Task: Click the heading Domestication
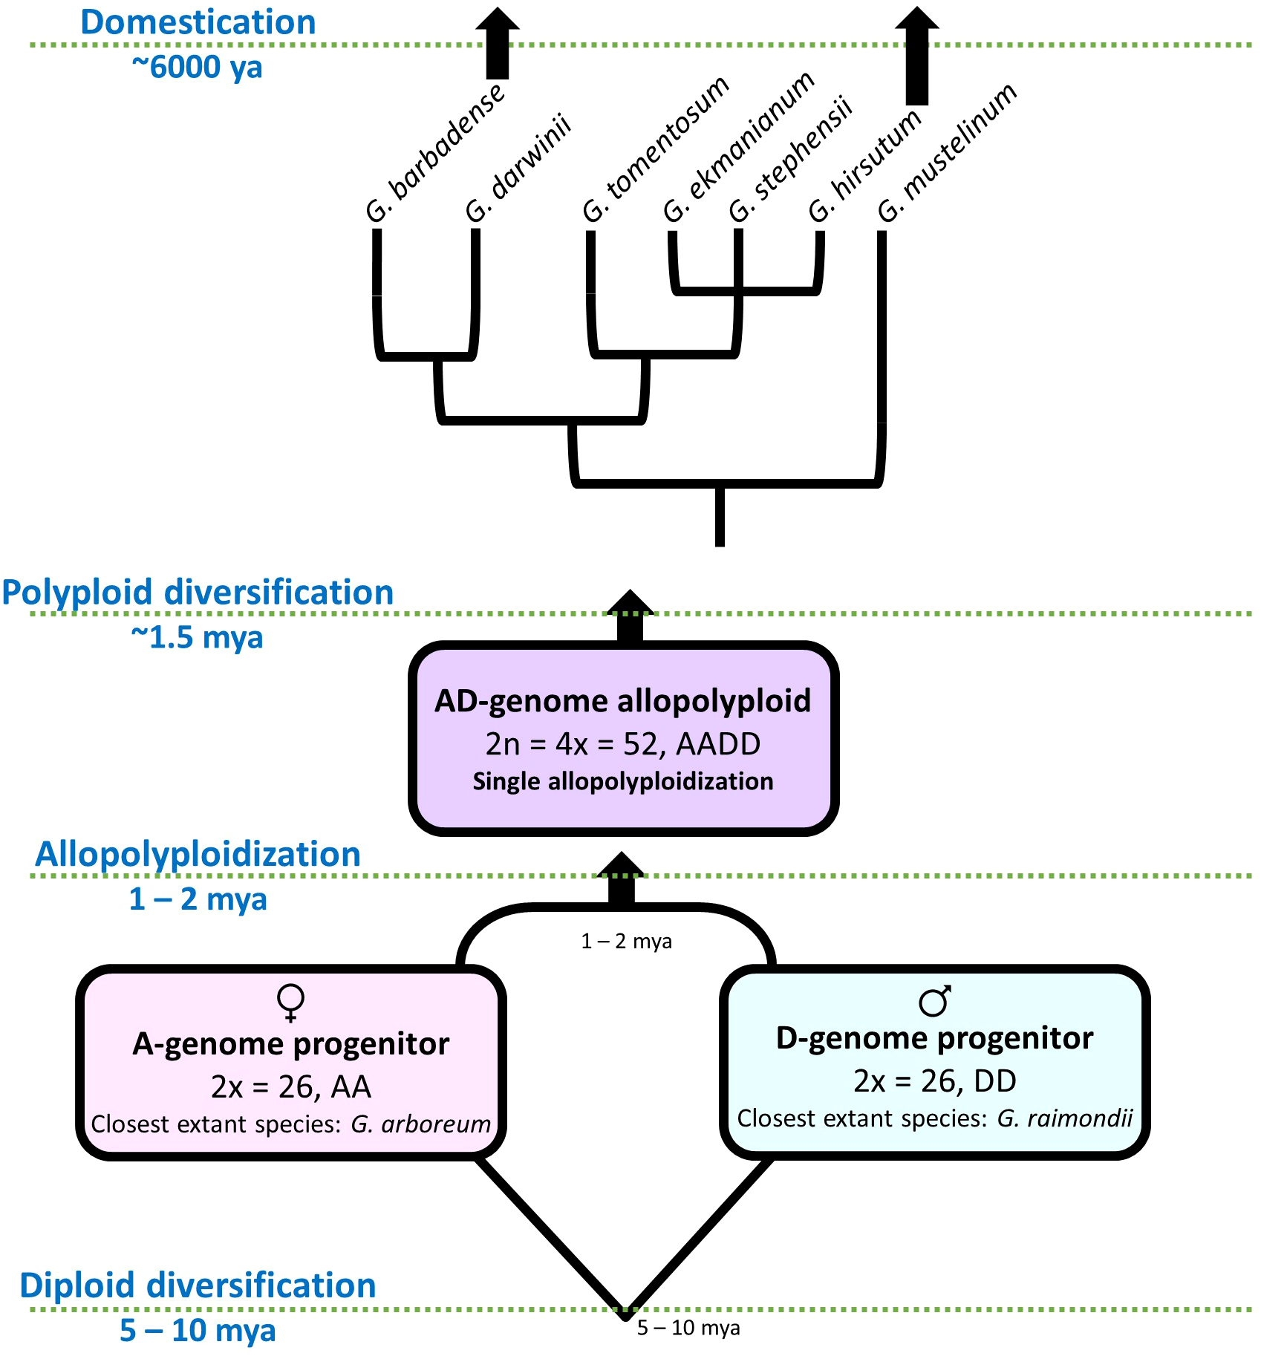198,22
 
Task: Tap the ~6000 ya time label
197,67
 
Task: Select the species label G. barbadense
436,153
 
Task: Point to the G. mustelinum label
947,152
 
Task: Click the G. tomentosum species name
656,149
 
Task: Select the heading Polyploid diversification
198,593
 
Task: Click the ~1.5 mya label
197,637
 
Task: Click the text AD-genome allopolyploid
622,701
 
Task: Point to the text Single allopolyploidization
622,781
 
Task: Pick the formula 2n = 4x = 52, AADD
622,743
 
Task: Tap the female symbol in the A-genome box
290,1003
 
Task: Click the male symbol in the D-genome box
934,1001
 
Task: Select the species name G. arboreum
420,1124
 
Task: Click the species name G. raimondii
1064,1118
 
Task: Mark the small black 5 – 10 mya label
688,1328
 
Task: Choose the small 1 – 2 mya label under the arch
626,942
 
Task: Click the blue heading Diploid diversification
198,1285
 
